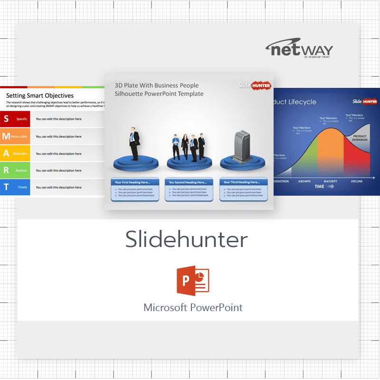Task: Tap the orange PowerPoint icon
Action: (x=192, y=280)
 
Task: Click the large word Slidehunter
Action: (x=187, y=240)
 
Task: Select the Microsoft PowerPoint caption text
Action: (x=193, y=307)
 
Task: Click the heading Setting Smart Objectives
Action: (x=40, y=95)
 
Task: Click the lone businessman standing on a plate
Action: (x=134, y=143)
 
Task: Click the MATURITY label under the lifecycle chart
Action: (x=330, y=181)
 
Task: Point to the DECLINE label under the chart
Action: (x=357, y=181)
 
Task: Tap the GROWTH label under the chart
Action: (x=304, y=181)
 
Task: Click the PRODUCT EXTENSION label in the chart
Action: (x=360, y=138)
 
